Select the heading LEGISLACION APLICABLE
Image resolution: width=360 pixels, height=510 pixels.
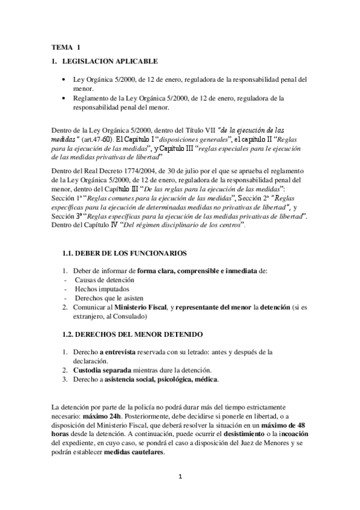(x=110, y=61)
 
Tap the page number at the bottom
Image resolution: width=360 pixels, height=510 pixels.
(x=180, y=478)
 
